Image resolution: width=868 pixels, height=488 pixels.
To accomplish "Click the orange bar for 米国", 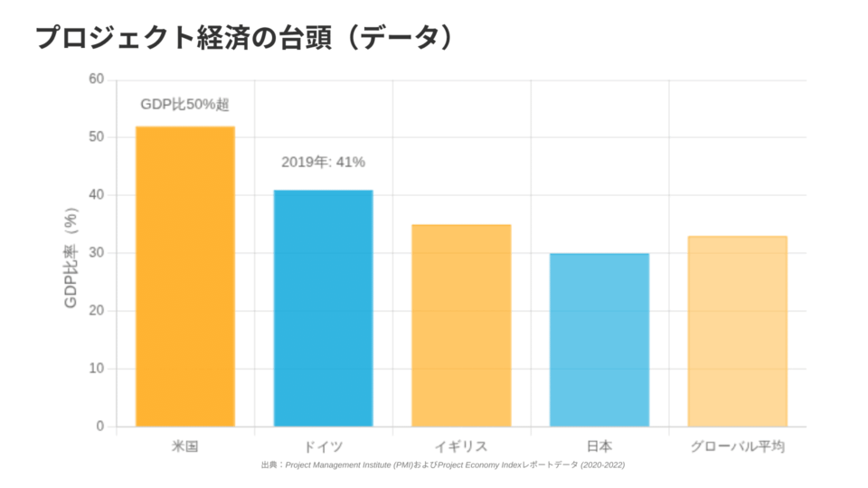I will (x=185, y=277).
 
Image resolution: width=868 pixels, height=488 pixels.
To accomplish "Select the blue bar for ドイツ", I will (x=323, y=308).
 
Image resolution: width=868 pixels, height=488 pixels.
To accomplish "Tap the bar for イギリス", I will (x=461, y=325).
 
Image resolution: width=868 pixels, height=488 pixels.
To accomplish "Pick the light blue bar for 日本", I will (x=599, y=340).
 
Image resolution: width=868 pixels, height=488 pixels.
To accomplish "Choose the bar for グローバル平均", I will (x=737, y=331).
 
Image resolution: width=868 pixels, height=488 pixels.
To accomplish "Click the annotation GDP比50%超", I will (x=184, y=105).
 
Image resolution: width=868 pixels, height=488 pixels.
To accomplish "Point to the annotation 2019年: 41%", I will (x=323, y=163).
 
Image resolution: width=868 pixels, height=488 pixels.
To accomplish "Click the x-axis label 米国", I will (x=185, y=446).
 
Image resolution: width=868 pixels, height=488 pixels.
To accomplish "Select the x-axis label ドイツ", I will (x=323, y=446).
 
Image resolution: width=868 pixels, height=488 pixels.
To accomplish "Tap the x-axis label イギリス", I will (x=461, y=446).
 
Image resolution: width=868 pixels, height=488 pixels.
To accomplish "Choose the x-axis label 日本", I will (x=599, y=446).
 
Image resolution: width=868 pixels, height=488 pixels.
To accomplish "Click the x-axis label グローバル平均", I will (x=737, y=446).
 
